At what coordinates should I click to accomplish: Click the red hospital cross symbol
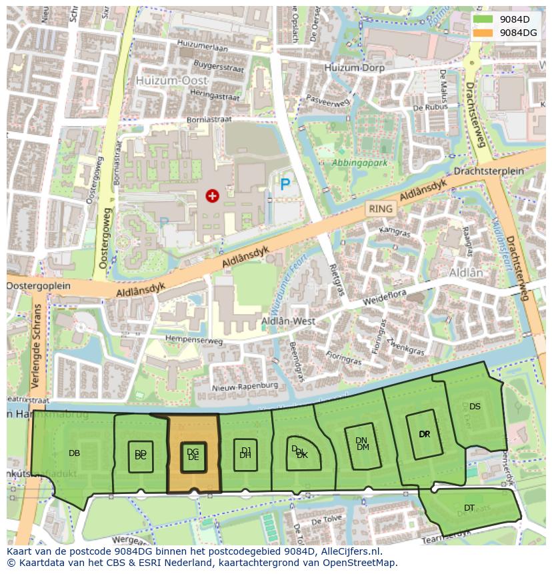pos(212,195)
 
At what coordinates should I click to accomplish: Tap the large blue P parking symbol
pos(285,185)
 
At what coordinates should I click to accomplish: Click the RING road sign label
pos(381,209)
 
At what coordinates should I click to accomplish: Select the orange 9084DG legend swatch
pos(484,33)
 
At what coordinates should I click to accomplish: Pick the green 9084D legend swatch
pos(484,19)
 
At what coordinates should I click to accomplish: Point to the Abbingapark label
pos(360,162)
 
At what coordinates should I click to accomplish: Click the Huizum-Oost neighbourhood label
pos(172,80)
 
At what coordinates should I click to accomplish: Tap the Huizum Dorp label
pos(355,68)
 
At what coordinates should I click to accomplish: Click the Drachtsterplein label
pos(488,171)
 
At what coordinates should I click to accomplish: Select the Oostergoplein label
pos(39,285)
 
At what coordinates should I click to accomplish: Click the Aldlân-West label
pos(287,321)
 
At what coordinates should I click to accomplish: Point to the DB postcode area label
pos(74,453)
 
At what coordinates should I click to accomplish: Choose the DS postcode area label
pos(475,406)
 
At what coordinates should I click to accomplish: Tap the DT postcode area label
pos(469,508)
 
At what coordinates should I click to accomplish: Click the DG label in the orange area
pos(193,451)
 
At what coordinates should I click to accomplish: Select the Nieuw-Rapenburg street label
pos(244,386)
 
